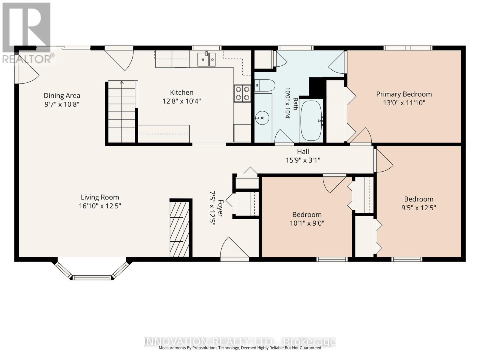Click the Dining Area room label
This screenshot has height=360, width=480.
point(62,95)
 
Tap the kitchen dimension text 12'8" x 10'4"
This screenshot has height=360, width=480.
point(182,101)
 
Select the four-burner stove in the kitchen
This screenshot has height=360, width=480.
point(242,93)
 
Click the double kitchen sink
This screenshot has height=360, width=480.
point(206,59)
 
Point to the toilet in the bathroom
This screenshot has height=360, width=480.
point(265,85)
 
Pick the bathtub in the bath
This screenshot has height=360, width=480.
point(311,120)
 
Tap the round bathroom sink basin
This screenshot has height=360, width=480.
point(262,118)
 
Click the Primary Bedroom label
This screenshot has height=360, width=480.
point(404,94)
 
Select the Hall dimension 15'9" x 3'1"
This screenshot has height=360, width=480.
point(303,160)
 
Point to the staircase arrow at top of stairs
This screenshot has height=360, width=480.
point(121,83)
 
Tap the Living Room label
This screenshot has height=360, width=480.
point(100,197)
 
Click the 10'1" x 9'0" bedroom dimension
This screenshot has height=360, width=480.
point(307,223)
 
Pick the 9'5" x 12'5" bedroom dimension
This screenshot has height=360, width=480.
point(418,208)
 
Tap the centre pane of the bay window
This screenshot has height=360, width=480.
point(92,277)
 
